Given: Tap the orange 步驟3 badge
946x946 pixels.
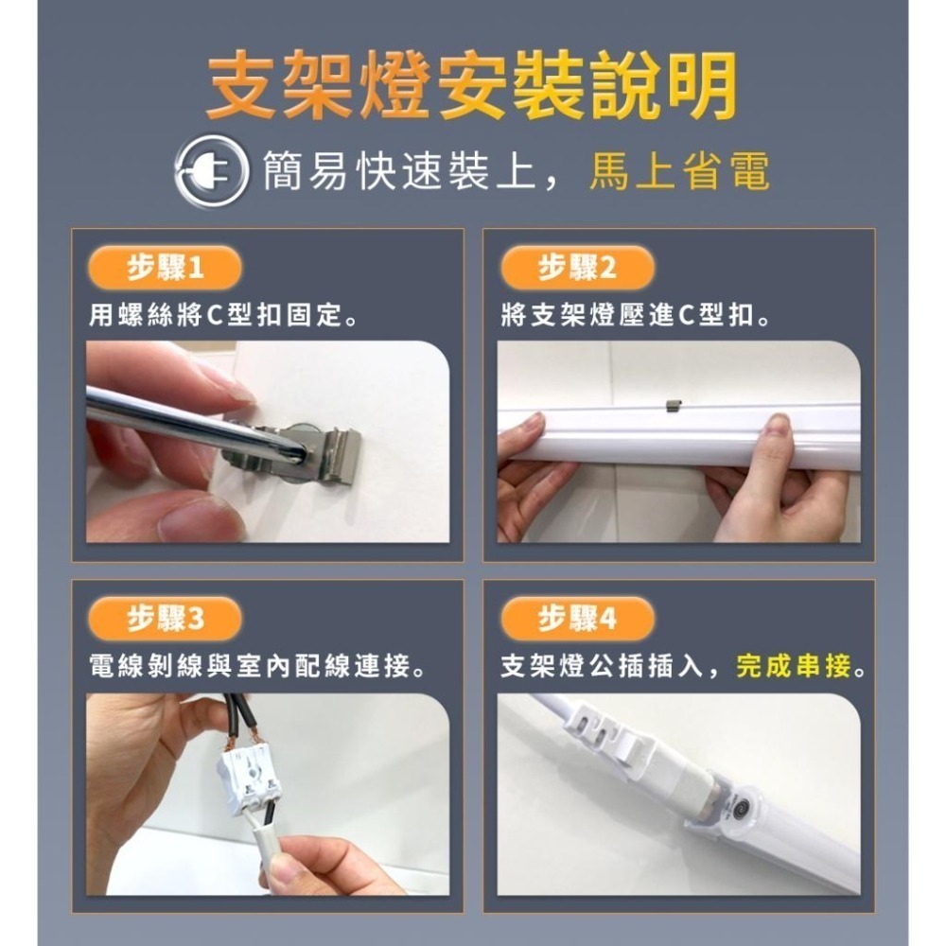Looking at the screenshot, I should (165, 620).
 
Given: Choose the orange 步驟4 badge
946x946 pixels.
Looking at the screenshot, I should (576, 620).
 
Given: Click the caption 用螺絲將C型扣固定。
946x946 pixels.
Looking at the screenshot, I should (223, 315).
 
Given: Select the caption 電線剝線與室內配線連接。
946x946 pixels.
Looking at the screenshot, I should (256, 667).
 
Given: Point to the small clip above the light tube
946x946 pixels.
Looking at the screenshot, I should (673, 404).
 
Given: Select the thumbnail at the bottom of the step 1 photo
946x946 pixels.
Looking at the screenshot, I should (203, 518).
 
